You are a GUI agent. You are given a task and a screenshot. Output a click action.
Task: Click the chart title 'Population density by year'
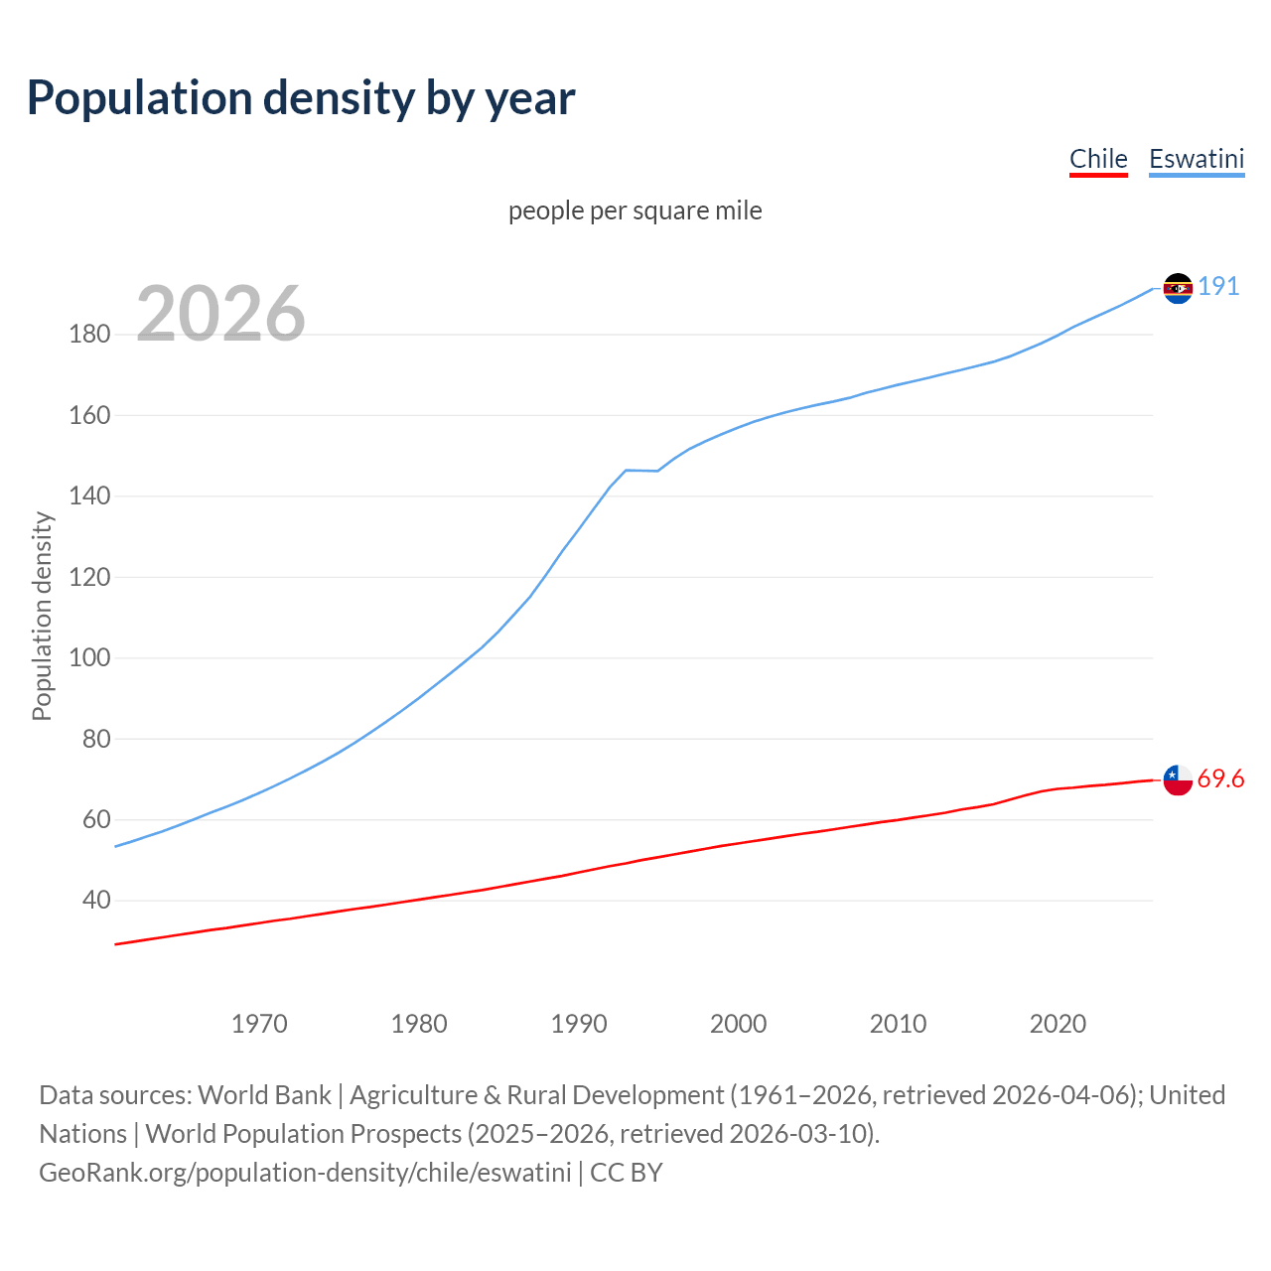click(301, 98)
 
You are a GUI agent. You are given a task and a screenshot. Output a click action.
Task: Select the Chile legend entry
click(1098, 159)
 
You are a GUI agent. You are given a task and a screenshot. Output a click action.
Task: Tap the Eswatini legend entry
click(1197, 159)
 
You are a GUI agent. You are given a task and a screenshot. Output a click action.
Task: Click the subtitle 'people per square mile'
click(635, 211)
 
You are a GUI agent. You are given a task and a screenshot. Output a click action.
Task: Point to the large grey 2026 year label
click(220, 314)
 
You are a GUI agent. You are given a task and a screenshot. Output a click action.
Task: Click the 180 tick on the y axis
click(89, 334)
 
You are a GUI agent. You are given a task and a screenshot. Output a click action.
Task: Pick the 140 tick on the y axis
click(89, 495)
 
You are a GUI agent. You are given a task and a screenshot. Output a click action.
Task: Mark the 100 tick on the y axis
click(89, 657)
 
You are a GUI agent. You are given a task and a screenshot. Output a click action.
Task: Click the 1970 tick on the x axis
click(259, 1024)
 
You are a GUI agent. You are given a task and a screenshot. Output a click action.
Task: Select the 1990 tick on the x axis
click(579, 1024)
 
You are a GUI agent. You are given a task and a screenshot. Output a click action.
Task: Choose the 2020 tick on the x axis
click(1058, 1024)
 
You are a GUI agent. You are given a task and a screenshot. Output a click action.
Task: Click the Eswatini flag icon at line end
click(1178, 288)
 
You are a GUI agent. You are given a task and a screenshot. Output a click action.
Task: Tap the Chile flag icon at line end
click(1178, 779)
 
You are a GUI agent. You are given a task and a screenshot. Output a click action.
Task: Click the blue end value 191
click(1218, 287)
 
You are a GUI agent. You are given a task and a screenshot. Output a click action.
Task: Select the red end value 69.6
click(1220, 778)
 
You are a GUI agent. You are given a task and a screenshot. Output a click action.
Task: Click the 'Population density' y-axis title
click(42, 616)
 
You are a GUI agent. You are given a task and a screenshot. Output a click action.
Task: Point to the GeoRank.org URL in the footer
click(305, 1173)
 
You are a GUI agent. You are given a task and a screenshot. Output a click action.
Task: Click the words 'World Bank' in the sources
click(264, 1095)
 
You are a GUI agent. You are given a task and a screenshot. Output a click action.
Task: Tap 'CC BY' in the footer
click(626, 1173)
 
